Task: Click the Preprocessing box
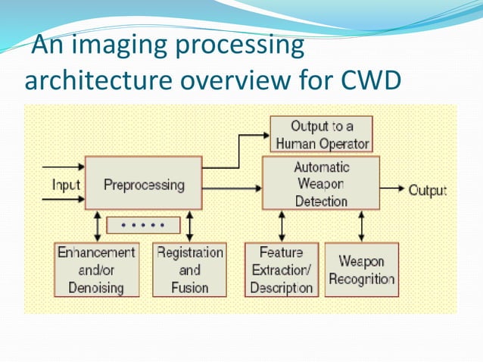(143, 183)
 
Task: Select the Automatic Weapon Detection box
(320, 183)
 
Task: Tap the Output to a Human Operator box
(322, 134)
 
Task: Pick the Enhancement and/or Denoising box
(96, 270)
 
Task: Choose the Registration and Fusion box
(189, 270)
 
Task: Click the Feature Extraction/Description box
(281, 270)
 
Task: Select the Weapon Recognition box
(361, 270)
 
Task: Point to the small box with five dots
(144, 225)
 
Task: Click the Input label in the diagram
(66, 184)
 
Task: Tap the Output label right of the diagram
(428, 190)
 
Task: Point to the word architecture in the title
(95, 80)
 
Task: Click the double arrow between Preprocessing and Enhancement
(96, 226)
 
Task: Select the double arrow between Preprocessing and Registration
(189, 226)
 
